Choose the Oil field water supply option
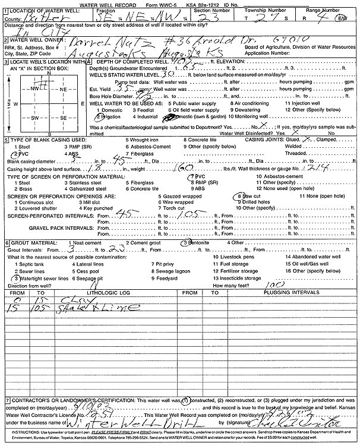200,110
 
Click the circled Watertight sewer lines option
42,278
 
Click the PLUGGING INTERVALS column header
291,293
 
